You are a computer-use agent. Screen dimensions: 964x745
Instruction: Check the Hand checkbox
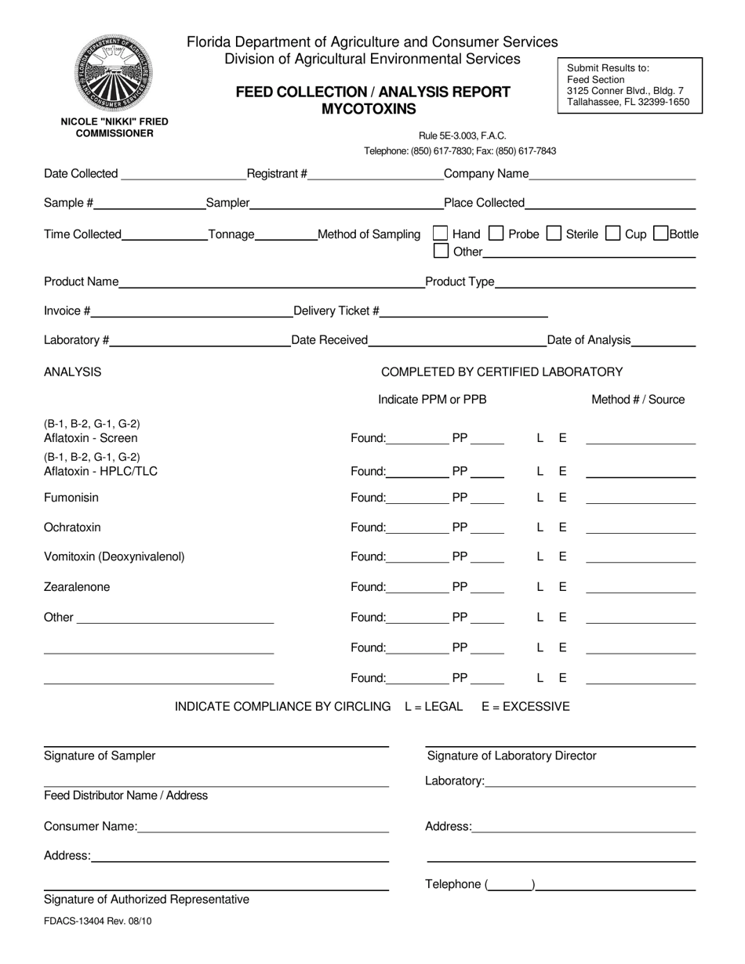[x=441, y=233]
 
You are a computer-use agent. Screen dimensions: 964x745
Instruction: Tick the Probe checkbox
[x=496, y=233]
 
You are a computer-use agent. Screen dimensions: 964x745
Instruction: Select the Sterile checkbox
[x=554, y=233]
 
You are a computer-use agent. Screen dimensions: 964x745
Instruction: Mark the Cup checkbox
[x=613, y=233]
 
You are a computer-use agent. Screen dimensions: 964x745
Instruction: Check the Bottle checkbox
[x=660, y=233]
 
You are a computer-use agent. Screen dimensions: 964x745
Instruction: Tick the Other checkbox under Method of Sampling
[x=441, y=251]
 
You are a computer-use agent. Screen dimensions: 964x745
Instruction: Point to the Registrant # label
[x=277, y=174]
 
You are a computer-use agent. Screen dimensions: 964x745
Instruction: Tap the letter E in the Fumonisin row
[x=562, y=498]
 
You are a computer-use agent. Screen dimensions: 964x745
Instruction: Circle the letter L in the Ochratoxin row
[x=540, y=527]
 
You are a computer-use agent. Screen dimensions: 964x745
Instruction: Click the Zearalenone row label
[x=77, y=587]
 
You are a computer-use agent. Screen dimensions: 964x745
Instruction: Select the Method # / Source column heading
[x=638, y=400]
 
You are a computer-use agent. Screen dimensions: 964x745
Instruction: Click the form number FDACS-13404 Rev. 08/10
[x=98, y=921]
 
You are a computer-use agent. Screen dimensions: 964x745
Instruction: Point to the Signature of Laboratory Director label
[x=511, y=756]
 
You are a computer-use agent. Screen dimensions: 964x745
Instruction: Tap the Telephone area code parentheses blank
[x=511, y=886]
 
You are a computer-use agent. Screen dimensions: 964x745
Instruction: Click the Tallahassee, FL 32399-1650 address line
[x=628, y=102]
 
